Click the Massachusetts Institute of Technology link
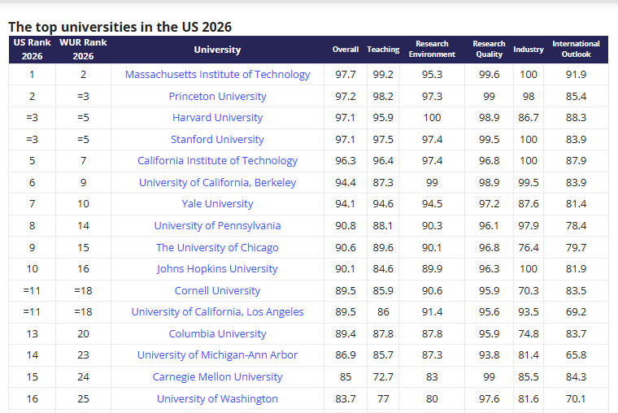(217, 74)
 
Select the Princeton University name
(217, 96)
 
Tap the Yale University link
(217, 204)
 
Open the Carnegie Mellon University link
(217, 377)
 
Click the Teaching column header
(383, 50)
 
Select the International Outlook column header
(576, 49)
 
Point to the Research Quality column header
(489, 49)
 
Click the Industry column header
(529, 50)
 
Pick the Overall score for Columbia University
(346, 334)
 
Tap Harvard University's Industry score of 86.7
(529, 118)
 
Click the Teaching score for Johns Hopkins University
(383, 269)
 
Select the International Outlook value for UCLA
(576, 312)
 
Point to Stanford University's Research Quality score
(489, 139)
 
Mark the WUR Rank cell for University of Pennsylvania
(83, 226)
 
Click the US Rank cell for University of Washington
(32, 399)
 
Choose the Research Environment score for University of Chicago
(432, 247)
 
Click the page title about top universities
(120, 27)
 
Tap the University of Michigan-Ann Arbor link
(217, 355)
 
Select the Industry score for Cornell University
(529, 291)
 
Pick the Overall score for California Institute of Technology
(346, 161)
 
